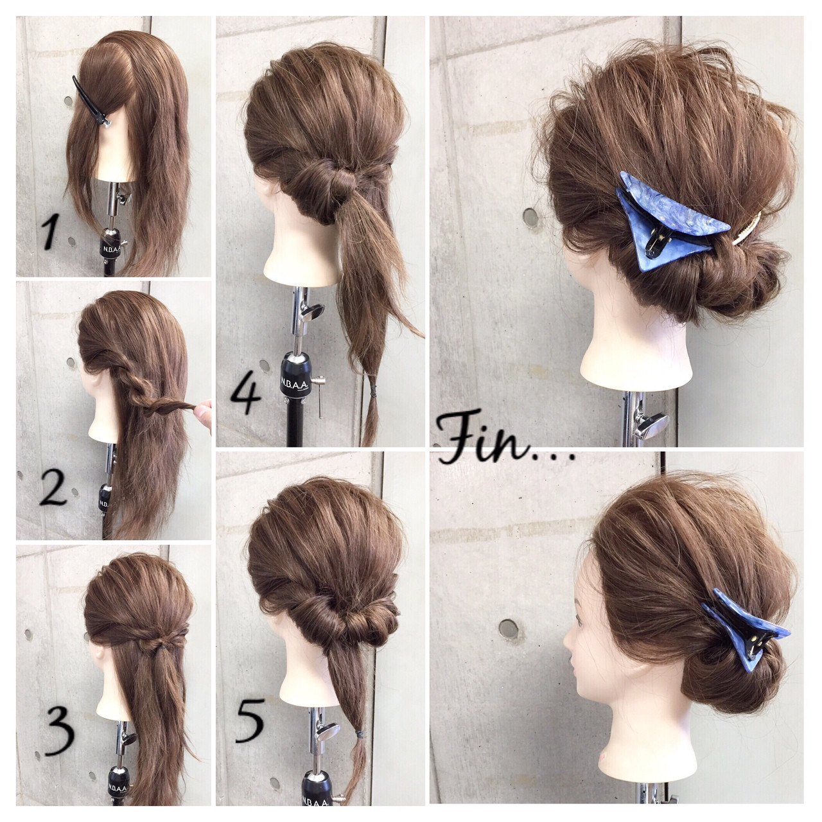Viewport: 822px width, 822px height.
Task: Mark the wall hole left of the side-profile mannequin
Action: coord(508,627)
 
